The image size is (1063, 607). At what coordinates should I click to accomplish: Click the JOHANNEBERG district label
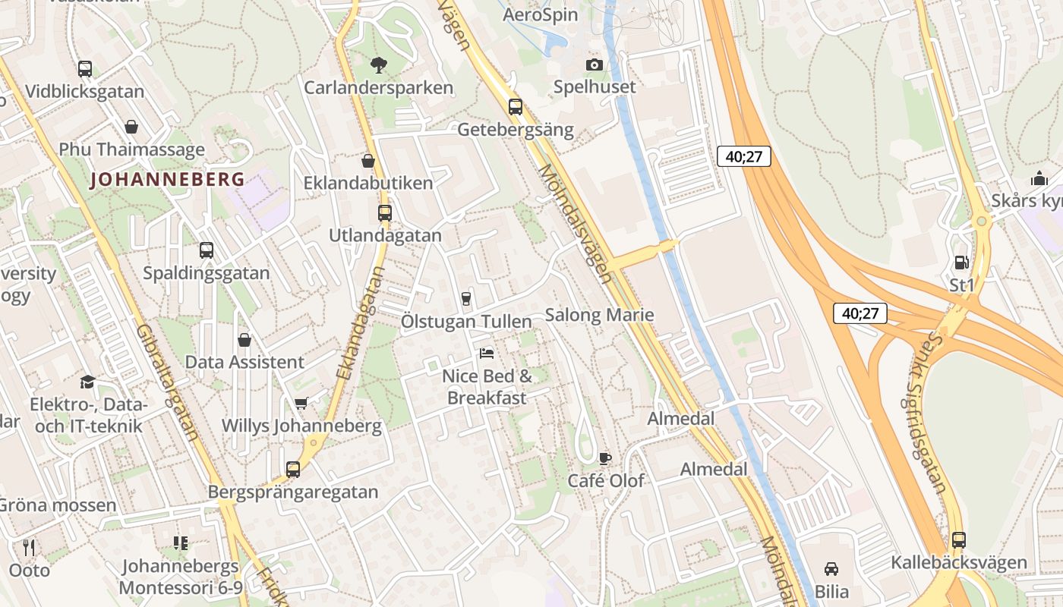pyautogui.click(x=167, y=180)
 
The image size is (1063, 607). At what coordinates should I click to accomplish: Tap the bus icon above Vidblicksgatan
pyautogui.click(x=85, y=69)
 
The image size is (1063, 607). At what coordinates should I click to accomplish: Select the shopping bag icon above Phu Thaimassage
pyautogui.click(x=131, y=127)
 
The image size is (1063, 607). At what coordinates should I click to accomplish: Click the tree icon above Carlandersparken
pyautogui.click(x=377, y=65)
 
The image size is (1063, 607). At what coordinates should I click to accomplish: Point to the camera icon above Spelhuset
pyautogui.click(x=595, y=65)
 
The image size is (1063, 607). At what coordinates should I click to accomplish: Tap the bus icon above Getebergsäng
pyautogui.click(x=516, y=107)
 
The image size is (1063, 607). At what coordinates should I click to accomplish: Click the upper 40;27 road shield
pyautogui.click(x=744, y=157)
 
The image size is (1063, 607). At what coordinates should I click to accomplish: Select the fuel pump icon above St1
pyautogui.click(x=961, y=263)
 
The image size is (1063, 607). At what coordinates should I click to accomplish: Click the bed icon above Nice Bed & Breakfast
pyautogui.click(x=487, y=353)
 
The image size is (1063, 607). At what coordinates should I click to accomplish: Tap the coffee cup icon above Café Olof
pyautogui.click(x=604, y=458)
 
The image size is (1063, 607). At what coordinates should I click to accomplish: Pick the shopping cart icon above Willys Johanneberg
pyautogui.click(x=301, y=403)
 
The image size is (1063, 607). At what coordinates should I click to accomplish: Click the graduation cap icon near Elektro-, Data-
pyautogui.click(x=87, y=381)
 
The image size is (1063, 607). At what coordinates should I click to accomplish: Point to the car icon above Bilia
pyautogui.click(x=831, y=569)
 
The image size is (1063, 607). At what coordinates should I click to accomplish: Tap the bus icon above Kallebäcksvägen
pyautogui.click(x=959, y=540)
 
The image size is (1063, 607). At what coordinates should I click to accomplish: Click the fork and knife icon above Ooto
pyautogui.click(x=29, y=547)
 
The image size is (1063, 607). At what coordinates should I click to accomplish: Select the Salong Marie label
pyautogui.click(x=600, y=315)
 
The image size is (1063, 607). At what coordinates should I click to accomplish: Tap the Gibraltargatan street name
pyautogui.click(x=169, y=383)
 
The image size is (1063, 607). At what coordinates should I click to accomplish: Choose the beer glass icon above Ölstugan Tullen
pyautogui.click(x=466, y=299)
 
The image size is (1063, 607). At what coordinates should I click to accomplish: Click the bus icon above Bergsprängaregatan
pyautogui.click(x=293, y=469)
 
